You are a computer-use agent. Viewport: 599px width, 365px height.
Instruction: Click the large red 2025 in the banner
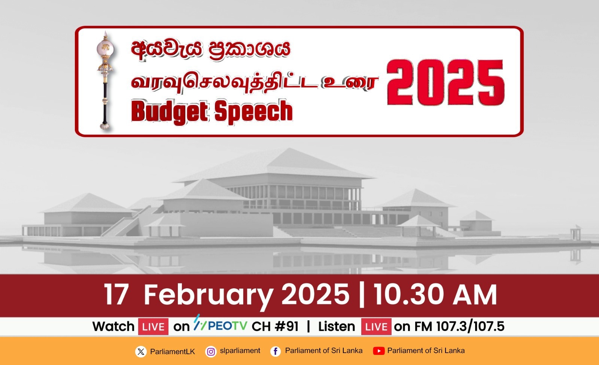click(446, 82)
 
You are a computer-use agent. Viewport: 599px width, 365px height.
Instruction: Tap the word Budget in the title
click(170, 112)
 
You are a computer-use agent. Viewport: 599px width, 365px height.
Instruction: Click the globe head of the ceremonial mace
click(105, 49)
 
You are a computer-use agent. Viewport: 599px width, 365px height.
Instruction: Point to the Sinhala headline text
click(211, 50)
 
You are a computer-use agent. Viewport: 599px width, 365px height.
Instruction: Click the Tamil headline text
click(255, 82)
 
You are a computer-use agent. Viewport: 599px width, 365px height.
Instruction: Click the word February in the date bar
click(209, 296)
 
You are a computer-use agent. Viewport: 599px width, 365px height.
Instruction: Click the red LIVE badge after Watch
click(153, 326)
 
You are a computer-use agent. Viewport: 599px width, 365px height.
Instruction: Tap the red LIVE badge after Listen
click(376, 326)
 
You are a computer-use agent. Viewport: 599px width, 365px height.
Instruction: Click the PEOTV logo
click(221, 324)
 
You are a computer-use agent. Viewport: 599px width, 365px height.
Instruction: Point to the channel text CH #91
click(275, 326)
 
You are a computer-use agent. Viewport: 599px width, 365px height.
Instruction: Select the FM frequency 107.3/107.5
click(470, 326)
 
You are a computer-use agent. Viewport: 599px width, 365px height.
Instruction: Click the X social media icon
click(141, 352)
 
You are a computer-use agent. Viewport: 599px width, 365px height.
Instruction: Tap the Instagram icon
click(211, 352)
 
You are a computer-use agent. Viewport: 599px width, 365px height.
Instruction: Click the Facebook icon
click(276, 352)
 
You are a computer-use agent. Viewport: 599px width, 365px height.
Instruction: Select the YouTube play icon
click(378, 351)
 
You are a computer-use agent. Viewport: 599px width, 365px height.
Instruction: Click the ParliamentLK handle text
click(173, 352)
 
